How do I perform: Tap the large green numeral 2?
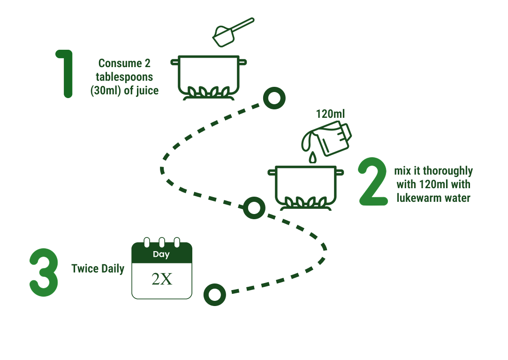point(374,182)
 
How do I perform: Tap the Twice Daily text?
point(98,269)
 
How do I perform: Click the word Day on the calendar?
point(161,254)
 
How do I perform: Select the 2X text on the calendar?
point(162,279)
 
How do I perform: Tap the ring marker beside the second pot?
point(254,208)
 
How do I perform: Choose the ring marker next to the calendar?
point(214,295)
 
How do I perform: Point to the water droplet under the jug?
point(312,158)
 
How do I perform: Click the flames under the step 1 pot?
point(208,91)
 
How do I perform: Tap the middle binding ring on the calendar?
point(162,243)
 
